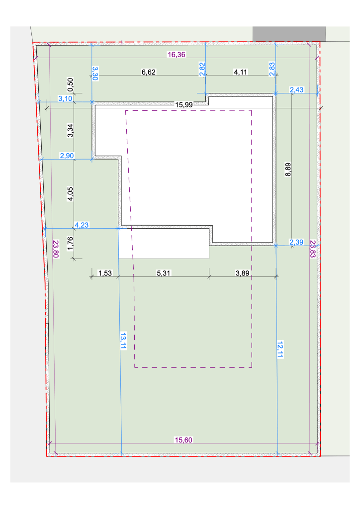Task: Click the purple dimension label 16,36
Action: click(x=176, y=55)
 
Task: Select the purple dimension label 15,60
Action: click(x=183, y=440)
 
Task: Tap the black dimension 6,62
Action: click(x=149, y=72)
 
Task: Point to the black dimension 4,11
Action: click(x=241, y=72)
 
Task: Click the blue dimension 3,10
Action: click(x=65, y=98)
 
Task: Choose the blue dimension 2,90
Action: click(x=67, y=156)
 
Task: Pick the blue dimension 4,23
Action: click(x=82, y=225)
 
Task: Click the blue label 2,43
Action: click(x=297, y=89)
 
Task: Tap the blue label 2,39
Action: click(x=296, y=242)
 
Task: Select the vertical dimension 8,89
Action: click(x=288, y=170)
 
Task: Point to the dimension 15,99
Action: click(x=184, y=104)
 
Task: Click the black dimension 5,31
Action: click(x=164, y=273)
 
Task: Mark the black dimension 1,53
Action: click(x=105, y=273)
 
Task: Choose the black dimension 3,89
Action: click(x=243, y=273)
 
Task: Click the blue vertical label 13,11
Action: click(x=123, y=340)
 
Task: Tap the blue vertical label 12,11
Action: click(x=280, y=349)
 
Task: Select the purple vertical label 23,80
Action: click(x=56, y=249)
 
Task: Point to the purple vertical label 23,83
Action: click(x=313, y=249)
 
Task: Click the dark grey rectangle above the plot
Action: click(x=289, y=34)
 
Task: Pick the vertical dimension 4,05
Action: click(x=70, y=194)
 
